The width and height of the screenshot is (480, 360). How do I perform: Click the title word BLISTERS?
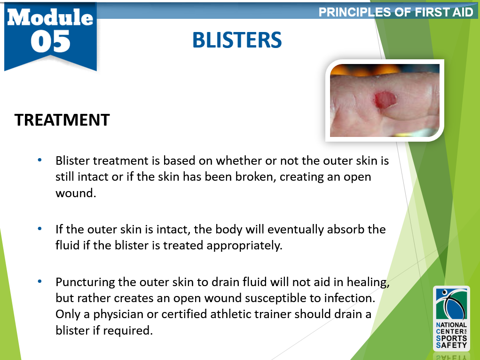click(x=237, y=40)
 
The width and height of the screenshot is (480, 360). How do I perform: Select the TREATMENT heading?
click(x=62, y=120)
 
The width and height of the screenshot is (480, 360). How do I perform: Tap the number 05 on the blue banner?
click(x=51, y=42)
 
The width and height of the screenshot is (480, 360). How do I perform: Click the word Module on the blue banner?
click(x=50, y=17)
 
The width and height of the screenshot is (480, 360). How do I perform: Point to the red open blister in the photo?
click(x=385, y=99)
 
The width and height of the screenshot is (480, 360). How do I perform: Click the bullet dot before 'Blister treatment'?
click(x=40, y=160)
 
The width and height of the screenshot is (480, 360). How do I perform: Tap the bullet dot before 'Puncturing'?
click(x=40, y=282)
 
